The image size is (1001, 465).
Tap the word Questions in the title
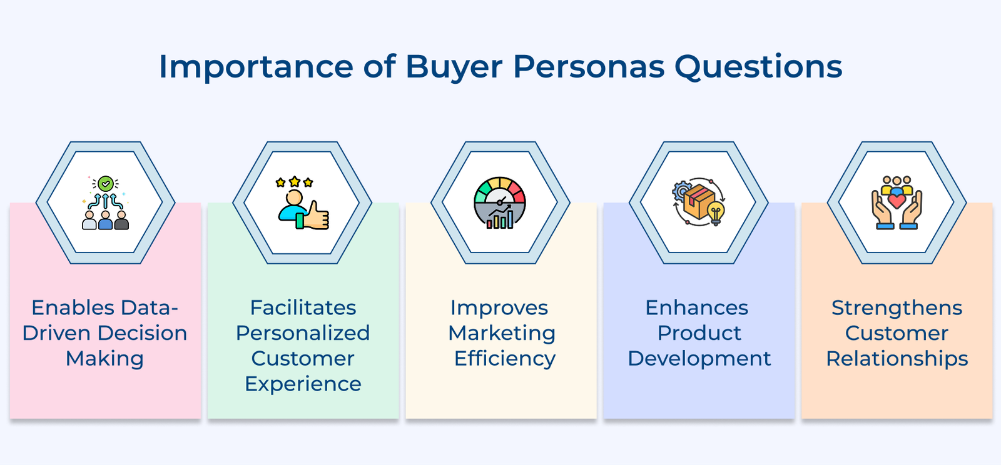[758, 67]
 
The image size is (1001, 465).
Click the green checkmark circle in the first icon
[106, 183]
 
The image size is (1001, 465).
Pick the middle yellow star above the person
[294, 182]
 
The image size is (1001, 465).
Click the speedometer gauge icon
[500, 202]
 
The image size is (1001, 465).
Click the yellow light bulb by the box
[716, 212]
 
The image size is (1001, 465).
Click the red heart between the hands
[897, 201]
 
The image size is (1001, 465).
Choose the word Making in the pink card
[104, 358]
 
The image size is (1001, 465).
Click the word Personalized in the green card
[303, 332]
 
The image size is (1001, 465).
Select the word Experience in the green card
[303, 384]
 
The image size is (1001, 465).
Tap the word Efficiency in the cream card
[504, 358]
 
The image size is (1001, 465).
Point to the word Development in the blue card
[699, 358]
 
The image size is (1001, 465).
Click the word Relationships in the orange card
[897, 358]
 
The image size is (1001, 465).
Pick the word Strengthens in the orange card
[897, 307]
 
